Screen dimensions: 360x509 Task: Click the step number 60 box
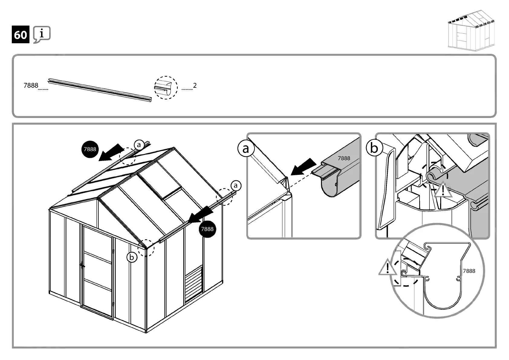point(21,35)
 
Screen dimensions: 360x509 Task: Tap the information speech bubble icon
point(42,34)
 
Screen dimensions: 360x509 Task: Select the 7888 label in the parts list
point(31,86)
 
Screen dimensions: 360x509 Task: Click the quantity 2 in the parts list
point(195,86)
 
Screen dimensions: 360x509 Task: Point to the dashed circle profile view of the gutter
point(166,88)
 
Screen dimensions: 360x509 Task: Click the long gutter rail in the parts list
point(100,90)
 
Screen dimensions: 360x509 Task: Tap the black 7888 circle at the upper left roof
point(90,149)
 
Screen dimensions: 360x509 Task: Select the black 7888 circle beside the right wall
point(207,229)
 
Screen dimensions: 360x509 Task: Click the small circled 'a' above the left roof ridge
point(139,145)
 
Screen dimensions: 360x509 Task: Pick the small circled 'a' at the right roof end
point(236,185)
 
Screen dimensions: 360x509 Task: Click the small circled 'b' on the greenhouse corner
point(131,257)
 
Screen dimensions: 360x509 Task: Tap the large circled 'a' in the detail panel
point(245,149)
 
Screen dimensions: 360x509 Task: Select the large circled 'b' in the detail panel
point(374,148)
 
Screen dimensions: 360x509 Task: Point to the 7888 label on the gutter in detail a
point(344,158)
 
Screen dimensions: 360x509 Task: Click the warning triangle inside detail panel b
point(443,190)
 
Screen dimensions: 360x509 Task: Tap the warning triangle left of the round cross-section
point(387,268)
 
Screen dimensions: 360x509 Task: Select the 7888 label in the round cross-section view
point(469,271)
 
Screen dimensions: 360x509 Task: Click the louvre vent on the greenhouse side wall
point(194,283)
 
